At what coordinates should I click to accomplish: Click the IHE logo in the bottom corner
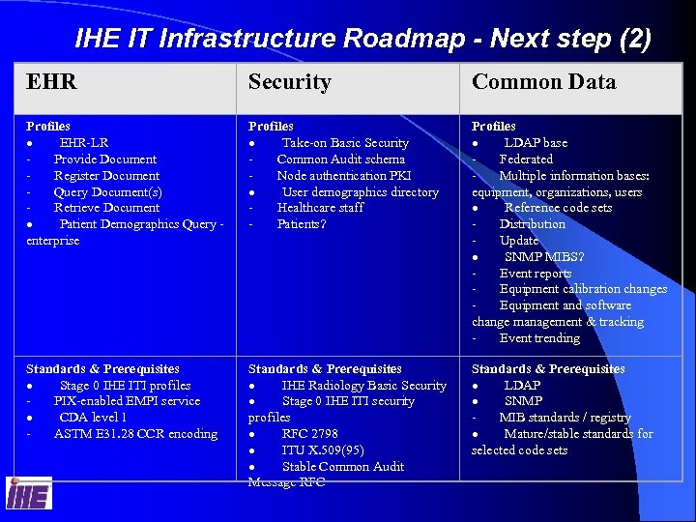tap(29, 493)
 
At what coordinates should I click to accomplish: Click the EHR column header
tap(51, 83)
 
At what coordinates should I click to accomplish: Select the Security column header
tap(289, 83)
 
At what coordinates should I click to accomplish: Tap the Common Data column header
tap(543, 83)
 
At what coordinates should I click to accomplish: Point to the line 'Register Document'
tap(106, 175)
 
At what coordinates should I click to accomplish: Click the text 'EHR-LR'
tap(84, 143)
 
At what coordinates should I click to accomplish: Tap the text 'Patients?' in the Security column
tap(302, 224)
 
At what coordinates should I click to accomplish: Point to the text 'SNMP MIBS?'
tap(544, 257)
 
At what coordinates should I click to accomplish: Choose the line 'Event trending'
tap(539, 338)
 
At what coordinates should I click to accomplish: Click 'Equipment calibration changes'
tap(583, 289)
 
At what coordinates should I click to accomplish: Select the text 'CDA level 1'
tap(93, 418)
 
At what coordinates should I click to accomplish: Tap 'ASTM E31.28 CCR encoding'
tap(135, 434)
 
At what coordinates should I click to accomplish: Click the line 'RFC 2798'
tap(309, 434)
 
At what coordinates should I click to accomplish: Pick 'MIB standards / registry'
tap(565, 418)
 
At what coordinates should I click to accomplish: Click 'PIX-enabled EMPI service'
tap(127, 401)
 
